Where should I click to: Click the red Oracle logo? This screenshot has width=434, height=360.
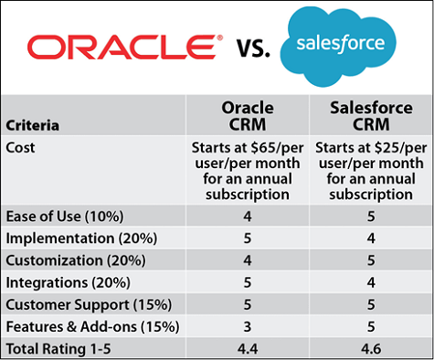[x=123, y=47]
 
